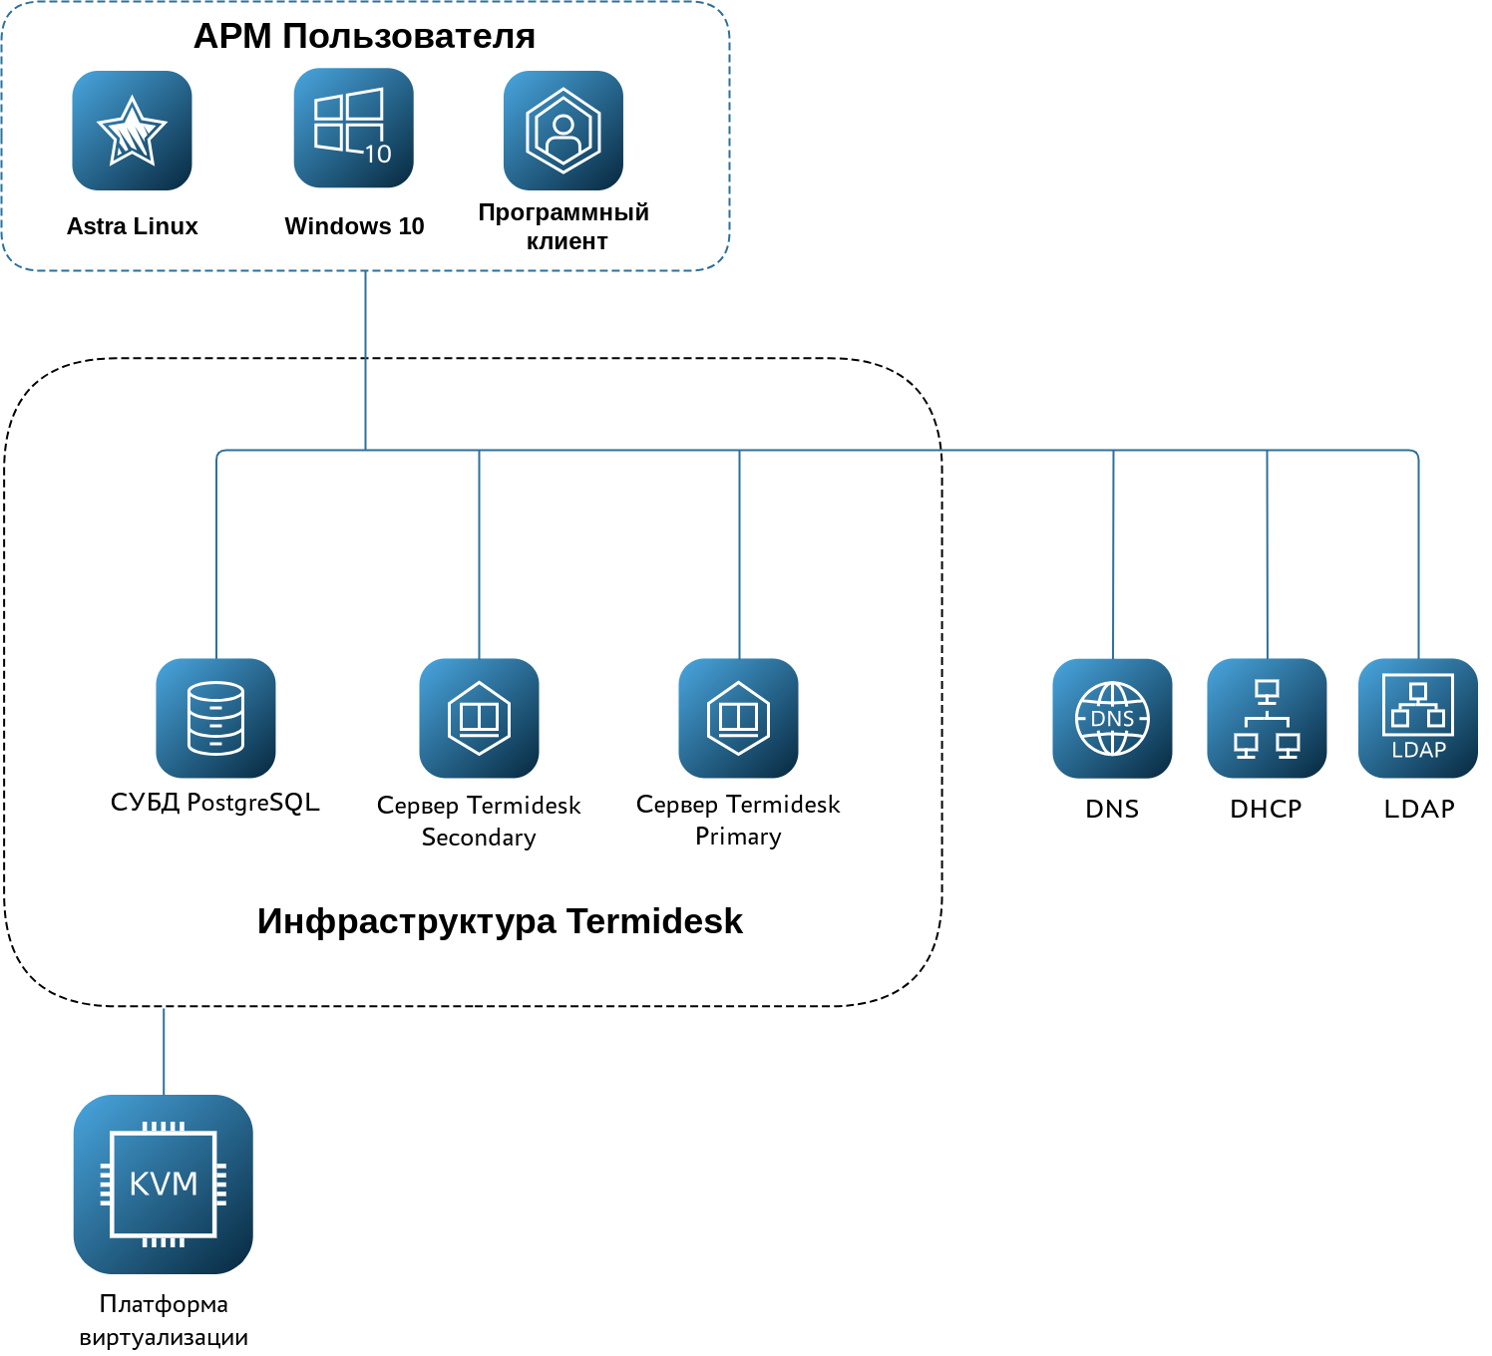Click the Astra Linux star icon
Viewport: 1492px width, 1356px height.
132,131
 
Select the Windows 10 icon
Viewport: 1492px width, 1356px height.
354,128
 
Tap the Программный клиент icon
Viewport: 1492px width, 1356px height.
563,131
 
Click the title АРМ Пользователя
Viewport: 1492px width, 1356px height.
364,36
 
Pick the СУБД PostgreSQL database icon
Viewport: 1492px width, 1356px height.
215,718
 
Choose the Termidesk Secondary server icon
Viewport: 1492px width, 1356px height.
479,718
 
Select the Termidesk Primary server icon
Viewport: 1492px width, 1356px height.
738,718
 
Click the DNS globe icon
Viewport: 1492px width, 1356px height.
1112,718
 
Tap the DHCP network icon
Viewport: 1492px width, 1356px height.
1267,718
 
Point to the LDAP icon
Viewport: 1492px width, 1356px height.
1418,718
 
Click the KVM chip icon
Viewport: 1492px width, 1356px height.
164,1184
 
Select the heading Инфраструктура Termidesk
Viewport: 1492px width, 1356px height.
500,921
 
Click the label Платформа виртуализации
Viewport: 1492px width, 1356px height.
164,1321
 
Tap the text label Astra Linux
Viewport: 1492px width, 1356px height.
132,226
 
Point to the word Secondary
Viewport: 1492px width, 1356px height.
479,838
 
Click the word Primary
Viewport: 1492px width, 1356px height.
738,837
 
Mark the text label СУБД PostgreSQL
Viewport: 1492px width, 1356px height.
215,803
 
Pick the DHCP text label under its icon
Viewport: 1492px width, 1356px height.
1266,809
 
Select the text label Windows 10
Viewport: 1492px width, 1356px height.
354,226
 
